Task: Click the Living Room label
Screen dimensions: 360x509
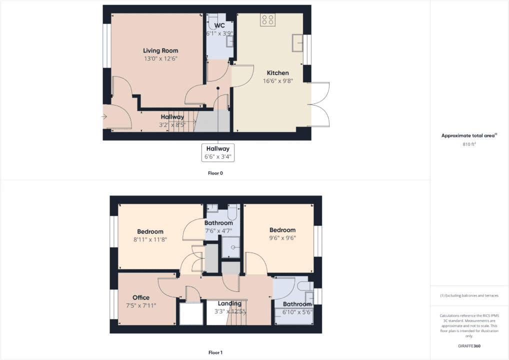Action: [160, 50]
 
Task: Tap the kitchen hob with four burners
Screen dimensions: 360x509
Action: [267, 19]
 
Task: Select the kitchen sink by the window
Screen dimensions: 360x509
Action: [298, 43]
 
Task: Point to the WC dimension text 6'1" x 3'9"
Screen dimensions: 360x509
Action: [219, 33]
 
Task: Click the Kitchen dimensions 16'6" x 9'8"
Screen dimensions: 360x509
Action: [277, 80]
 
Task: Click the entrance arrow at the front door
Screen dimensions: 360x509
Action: [104, 117]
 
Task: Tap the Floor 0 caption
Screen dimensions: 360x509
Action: [215, 173]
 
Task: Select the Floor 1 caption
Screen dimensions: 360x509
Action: [215, 352]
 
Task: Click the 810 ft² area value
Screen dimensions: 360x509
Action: [469, 144]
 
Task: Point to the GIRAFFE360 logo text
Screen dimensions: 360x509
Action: [469, 345]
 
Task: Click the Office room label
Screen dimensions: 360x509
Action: [141, 297]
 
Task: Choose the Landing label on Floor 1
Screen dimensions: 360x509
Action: [229, 303]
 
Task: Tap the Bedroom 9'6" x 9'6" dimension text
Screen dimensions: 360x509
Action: [282, 238]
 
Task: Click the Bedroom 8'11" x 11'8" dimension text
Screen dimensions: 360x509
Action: [150, 239]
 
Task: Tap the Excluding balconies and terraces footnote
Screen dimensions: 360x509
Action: [469, 295]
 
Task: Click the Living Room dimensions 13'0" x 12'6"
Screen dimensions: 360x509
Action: [160, 58]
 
